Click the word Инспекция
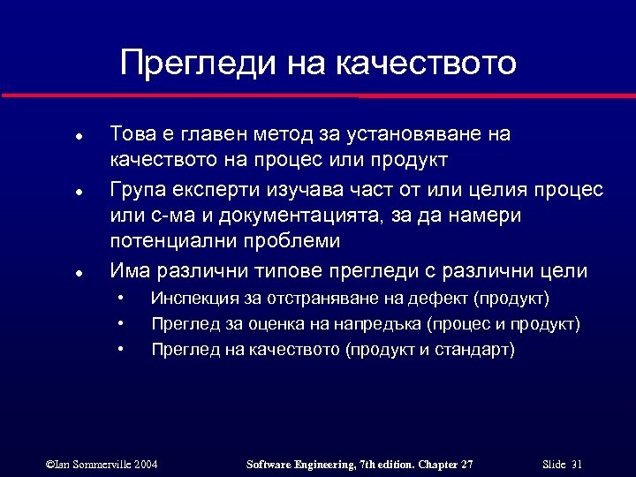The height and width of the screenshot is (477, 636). (x=194, y=299)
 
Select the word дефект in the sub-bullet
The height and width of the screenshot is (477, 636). (x=439, y=299)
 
